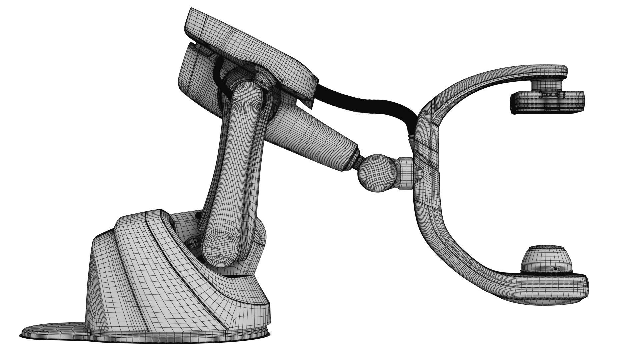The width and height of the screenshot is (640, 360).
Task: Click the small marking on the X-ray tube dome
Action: click(x=555, y=268)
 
